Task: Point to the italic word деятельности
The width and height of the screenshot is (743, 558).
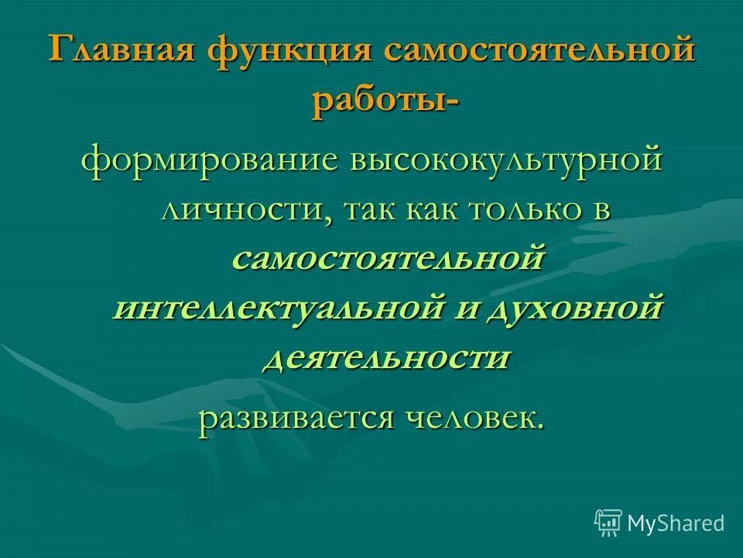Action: point(388,358)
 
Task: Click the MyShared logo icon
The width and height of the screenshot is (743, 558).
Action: point(608,522)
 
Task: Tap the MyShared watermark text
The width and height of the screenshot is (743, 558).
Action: point(676,523)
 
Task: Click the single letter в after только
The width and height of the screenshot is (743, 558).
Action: point(602,211)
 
